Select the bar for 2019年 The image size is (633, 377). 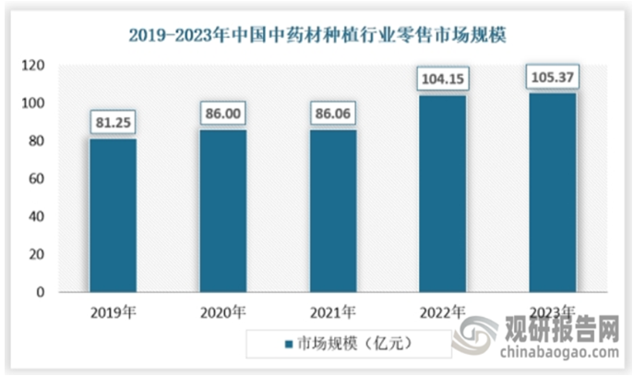coord(113,215)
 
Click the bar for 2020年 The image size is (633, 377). coord(223,211)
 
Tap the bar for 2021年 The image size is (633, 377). coord(333,211)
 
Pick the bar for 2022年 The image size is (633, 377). coord(443,194)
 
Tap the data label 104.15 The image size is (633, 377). coord(443,78)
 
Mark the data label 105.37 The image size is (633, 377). coord(553,76)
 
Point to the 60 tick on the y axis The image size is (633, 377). coord(37,179)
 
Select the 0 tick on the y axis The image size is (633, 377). coord(41,292)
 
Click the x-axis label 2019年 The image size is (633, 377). coord(113,312)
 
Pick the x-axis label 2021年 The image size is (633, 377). coord(333,312)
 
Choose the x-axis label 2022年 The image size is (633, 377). coord(443,312)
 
